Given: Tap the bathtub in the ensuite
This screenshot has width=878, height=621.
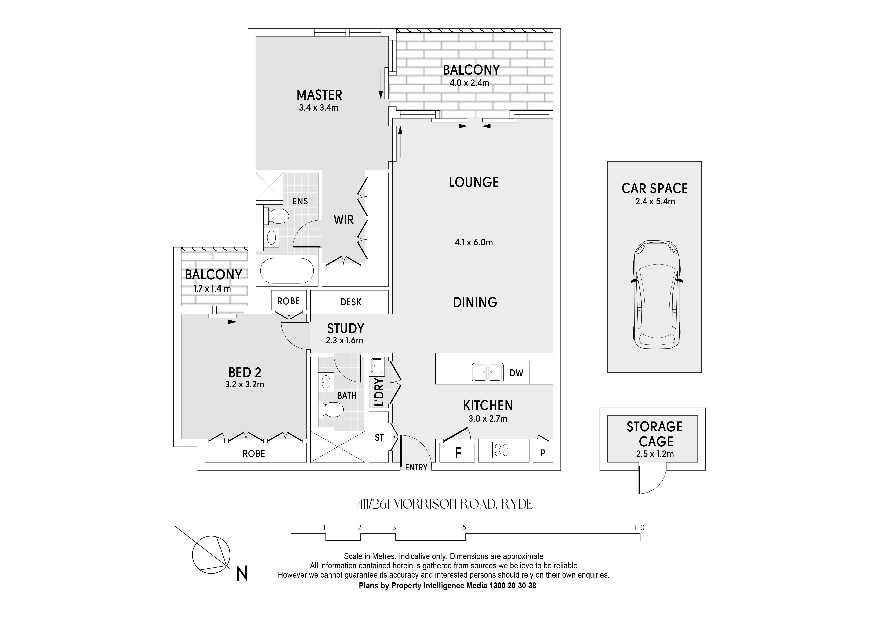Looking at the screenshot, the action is (287, 271).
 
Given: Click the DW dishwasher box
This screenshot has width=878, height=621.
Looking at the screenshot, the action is (517, 373).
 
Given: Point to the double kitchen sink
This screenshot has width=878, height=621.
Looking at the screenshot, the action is (488, 372).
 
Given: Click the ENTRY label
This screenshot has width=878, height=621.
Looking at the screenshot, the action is (416, 468).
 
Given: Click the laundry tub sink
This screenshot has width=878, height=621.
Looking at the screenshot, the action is (376, 365).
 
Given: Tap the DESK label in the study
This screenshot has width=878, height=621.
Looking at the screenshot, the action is (351, 302).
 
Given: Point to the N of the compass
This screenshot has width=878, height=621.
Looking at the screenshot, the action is (242, 574).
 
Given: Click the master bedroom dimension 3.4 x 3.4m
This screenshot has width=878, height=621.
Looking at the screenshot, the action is (319, 108).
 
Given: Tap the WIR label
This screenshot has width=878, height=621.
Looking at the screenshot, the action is (343, 220).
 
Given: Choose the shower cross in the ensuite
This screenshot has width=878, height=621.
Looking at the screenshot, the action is (269, 187).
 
